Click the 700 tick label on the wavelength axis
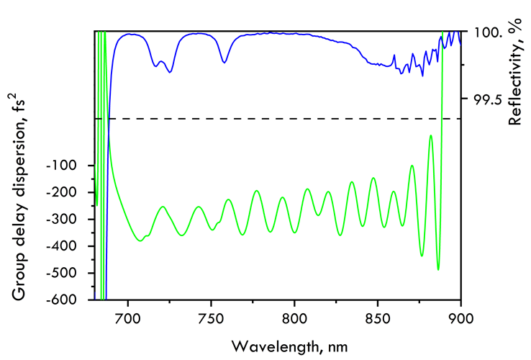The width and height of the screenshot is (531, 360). [x=127, y=315]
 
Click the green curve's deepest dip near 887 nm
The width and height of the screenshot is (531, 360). [x=438, y=269]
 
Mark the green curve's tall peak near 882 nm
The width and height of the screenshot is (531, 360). [x=430, y=135]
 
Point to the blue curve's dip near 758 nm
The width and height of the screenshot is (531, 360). [x=224, y=62]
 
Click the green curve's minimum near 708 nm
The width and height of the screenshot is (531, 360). [x=141, y=240]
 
